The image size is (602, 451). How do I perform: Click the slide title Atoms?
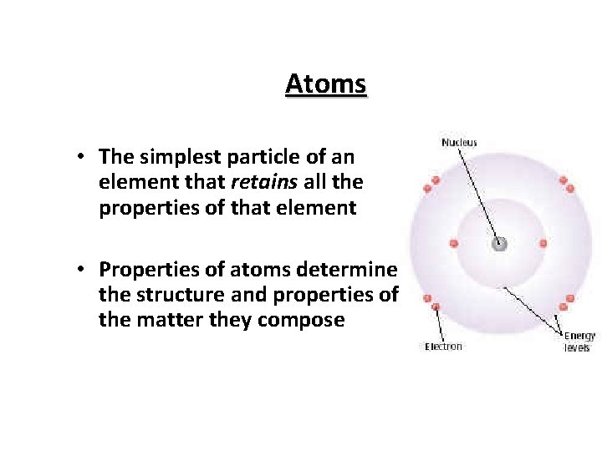325,84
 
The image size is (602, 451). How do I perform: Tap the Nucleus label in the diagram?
459,143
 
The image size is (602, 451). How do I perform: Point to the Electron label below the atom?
443,347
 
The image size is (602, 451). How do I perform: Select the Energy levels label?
579,342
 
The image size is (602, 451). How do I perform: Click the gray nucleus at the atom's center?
499,244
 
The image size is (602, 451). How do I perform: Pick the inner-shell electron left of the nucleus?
454,244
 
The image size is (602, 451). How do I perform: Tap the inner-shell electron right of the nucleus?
543,244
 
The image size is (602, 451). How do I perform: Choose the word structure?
173,294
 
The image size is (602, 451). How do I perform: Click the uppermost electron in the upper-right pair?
564,180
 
